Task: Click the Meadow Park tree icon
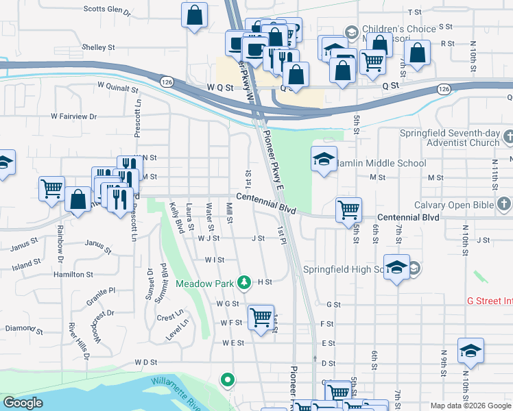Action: (243, 282)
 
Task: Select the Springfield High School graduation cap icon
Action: (397, 268)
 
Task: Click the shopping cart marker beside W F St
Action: (261, 317)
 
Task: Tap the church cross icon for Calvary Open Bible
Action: (504, 204)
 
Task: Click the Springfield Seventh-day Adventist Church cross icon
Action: (507, 137)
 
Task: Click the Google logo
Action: (23, 403)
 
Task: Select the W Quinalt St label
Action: (118, 88)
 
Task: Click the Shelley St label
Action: (98, 47)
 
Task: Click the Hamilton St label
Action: (74, 274)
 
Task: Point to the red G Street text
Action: (489, 301)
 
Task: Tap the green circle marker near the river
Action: (227, 379)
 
